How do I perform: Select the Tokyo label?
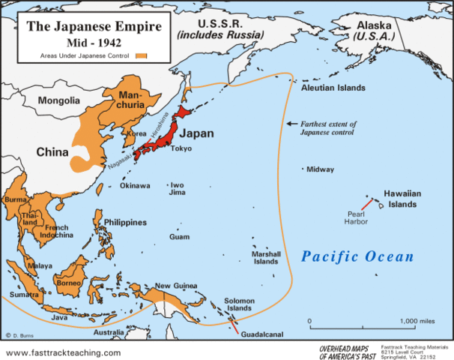pos(181,148)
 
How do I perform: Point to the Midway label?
pos(320,169)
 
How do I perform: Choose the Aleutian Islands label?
pos(333,88)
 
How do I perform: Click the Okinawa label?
pos(135,184)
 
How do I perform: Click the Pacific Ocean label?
pos(357,256)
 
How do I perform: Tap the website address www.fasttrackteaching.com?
pos(63,352)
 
